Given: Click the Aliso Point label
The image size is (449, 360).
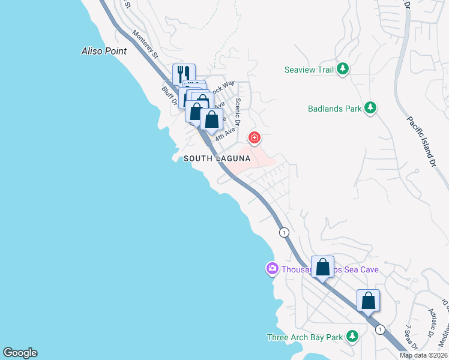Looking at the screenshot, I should click(x=104, y=51).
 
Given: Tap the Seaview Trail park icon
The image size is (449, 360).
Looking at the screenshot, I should click(x=343, y=70).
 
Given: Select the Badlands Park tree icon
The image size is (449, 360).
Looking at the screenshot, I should click(x=372, y=108).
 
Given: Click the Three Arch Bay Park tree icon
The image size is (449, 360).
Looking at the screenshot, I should click(x=352, y=337).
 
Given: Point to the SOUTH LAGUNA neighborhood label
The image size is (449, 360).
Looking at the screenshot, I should click(x=216, y=158).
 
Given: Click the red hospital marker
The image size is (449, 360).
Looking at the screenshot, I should click(x=255, y=139).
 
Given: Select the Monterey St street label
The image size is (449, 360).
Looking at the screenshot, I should click(x=145, y=45).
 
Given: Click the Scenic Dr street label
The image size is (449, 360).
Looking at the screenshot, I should click(x=238, y=112).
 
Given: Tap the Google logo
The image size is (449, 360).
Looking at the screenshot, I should click(x=20, y=353).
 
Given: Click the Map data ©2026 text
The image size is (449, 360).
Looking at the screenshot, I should click(x=423, y=355).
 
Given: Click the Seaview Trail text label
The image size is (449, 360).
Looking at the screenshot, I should click(x=309, y=70).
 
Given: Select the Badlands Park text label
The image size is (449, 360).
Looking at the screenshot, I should click(x=334, y=109).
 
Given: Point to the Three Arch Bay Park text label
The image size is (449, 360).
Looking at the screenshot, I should click(x=304, y=337).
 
